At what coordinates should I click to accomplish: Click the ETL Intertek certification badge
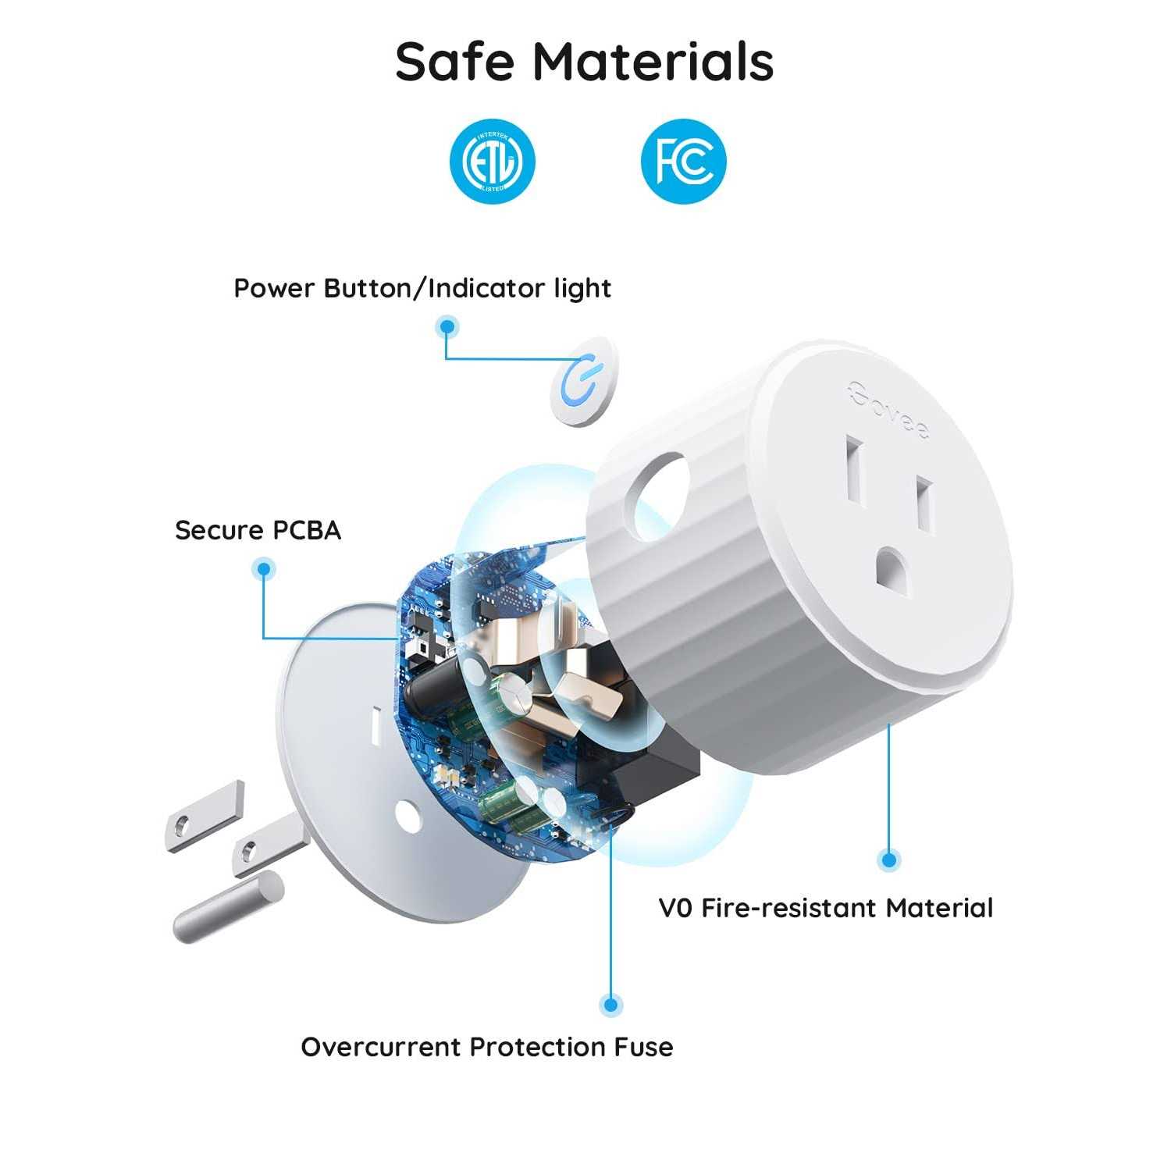pos(493,162)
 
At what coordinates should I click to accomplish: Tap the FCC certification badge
pos(683,162)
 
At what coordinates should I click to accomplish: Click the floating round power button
pos(584,382)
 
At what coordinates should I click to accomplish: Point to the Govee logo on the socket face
pos(889,409)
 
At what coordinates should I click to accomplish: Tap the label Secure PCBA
pos(258,531)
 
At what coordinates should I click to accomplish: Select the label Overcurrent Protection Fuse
pos(486,1047)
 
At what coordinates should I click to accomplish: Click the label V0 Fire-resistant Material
pos(825,909)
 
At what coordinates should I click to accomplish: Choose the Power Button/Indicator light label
pos(422,288)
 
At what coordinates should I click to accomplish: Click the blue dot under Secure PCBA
pos(264,569)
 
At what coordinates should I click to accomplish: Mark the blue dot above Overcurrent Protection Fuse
pos(610,1005)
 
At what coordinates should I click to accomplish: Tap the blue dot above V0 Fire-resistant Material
pos(888,860)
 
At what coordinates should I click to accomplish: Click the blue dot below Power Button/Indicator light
pos(447,326)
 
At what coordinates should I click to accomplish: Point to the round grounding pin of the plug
pos(226,907)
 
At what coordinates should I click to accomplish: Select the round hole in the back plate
pos(408,813)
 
